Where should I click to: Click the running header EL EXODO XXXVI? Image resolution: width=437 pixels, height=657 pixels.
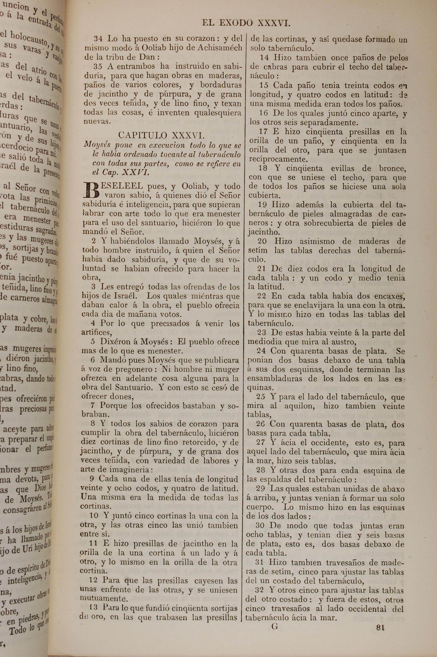coord(246,23)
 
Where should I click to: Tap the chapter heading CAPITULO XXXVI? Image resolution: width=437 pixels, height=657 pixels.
coord(161,135)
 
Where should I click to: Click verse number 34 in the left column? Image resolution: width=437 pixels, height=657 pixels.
coord(98,39)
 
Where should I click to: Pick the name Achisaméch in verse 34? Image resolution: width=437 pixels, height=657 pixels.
coord(220,48)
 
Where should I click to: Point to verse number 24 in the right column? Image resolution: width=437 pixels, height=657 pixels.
coord(261,351)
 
